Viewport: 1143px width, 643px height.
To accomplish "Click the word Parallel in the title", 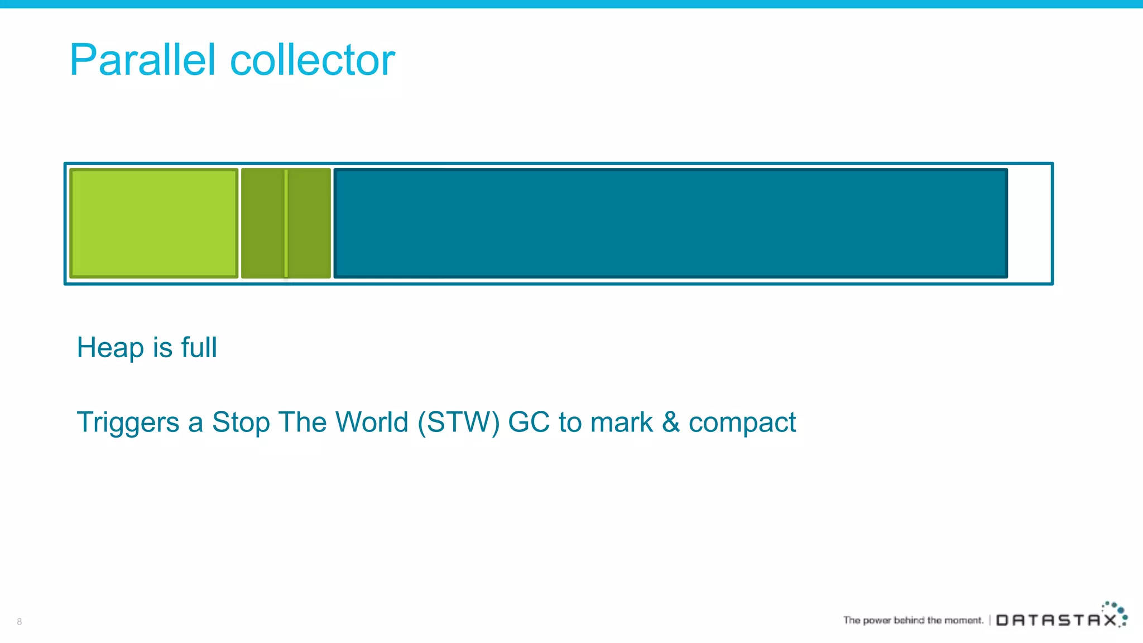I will point(142,60).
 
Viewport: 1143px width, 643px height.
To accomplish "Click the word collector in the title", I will point(313,60).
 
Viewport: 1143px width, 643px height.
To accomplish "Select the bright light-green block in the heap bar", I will point(154,223).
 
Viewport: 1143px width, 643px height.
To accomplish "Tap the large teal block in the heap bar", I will point(670,223).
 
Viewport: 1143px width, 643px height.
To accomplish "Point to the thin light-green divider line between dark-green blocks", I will point(286,223).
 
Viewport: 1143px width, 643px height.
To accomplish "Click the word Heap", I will point(110,348).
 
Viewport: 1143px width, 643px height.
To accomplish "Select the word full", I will point(199,347).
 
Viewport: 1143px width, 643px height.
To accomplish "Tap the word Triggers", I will point(128,423).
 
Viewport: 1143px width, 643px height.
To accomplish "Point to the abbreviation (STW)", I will point(458,422).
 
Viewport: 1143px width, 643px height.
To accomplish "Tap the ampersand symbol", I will point(670,422).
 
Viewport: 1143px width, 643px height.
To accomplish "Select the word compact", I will point(742,423).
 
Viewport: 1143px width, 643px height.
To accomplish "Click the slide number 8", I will point(20,621).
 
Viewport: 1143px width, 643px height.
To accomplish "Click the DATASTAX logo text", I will point(1056,620).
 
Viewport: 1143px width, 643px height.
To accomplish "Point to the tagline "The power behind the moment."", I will point(913,620).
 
